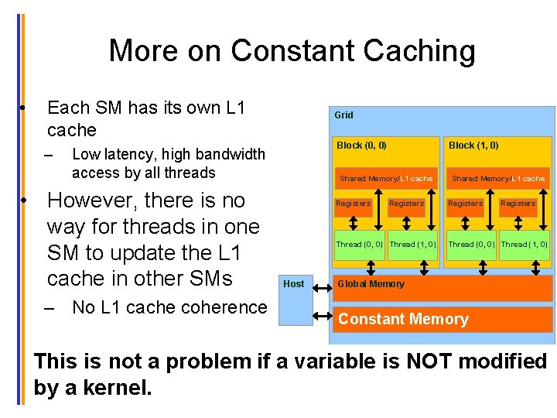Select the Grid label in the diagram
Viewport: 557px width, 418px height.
coord(343,115)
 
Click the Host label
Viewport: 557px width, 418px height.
coord(294,284)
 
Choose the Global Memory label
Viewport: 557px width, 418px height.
coord(371,284)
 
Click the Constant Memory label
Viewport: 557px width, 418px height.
coord(403,319)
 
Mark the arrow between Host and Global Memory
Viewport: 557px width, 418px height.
coord(320,284)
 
